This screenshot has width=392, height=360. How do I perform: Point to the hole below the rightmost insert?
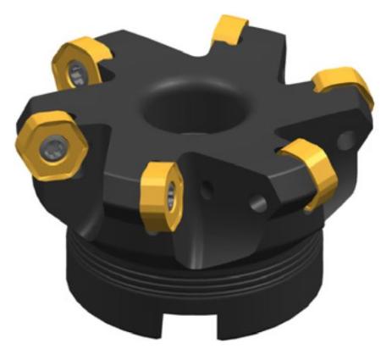345,136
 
